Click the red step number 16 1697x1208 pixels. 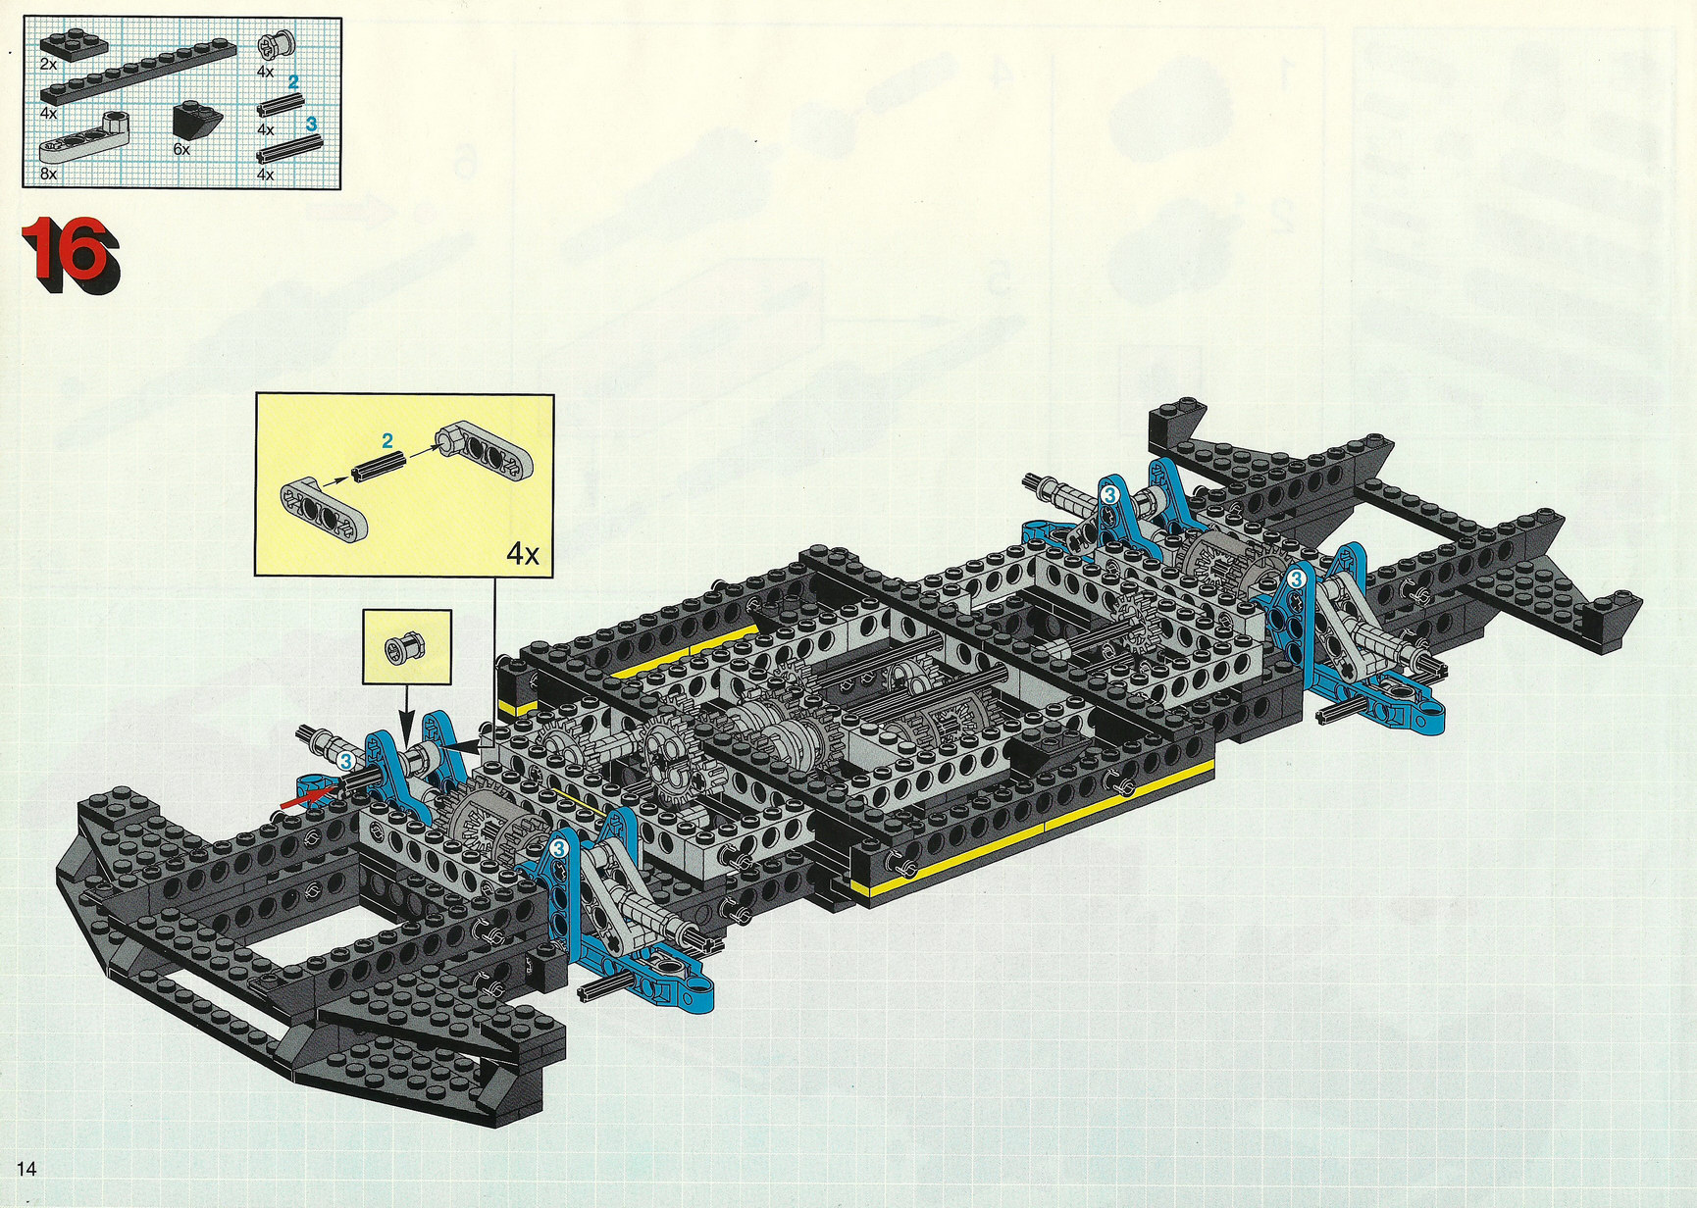(71, 254)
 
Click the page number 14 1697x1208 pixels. (26, 1168)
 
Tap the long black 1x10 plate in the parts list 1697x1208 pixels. (136, 71)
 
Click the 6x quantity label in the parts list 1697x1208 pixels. (181, 150)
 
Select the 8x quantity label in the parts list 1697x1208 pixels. (49, 174)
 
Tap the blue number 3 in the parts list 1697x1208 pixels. (311, 124)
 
